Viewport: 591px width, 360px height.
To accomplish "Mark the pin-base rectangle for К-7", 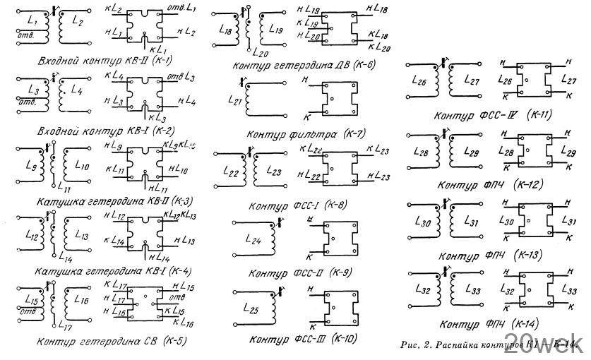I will tap(334, 100).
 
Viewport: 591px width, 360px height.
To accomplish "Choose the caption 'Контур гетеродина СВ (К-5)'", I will tap(101, 342).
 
